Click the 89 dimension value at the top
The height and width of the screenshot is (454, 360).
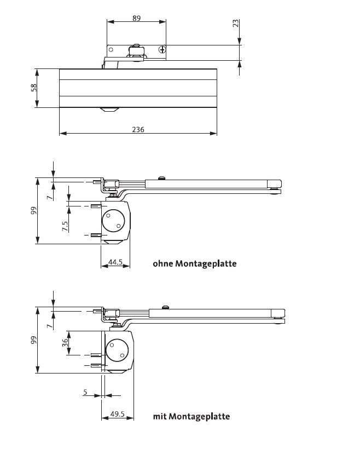[136, 18]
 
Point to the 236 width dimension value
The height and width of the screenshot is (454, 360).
[138, 130]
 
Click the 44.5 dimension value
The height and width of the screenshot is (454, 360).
[115, 263]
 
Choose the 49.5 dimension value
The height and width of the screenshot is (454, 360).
[117, 415]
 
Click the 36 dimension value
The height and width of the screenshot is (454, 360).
[65, 342]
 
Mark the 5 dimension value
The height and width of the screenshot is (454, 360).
[85, 392]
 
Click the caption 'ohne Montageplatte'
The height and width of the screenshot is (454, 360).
[194, 263]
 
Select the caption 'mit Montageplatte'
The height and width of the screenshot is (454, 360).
[191, 416]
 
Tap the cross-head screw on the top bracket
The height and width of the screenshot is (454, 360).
[162, 50]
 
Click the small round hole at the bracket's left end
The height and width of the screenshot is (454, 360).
[111, 50]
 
